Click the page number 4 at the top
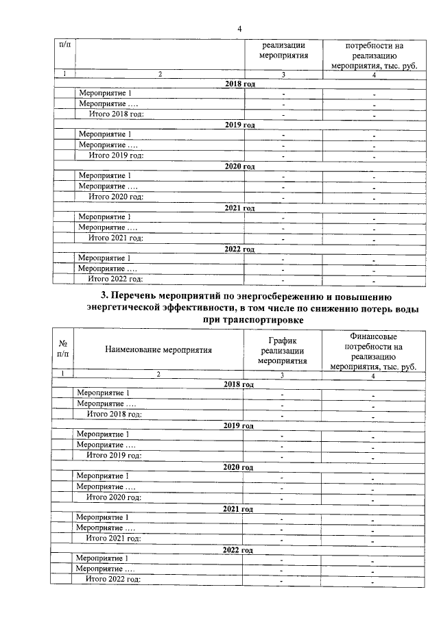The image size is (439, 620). [x=239, y=28]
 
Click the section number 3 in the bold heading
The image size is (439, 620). [x=104, y=296]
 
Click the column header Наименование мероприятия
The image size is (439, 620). [x=158, y=349]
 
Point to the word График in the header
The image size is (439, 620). [x=283, y=340]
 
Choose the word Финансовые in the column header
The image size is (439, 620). [x=373, y=336]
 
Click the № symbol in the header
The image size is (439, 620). [x=62, y=343]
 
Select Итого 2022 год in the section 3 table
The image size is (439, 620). [x=113, y=580]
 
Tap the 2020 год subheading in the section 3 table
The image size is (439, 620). [x=239, y=467]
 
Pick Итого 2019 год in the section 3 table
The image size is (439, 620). [x=113, y=456]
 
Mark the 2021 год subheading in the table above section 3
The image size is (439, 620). [x=239, y=208]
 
